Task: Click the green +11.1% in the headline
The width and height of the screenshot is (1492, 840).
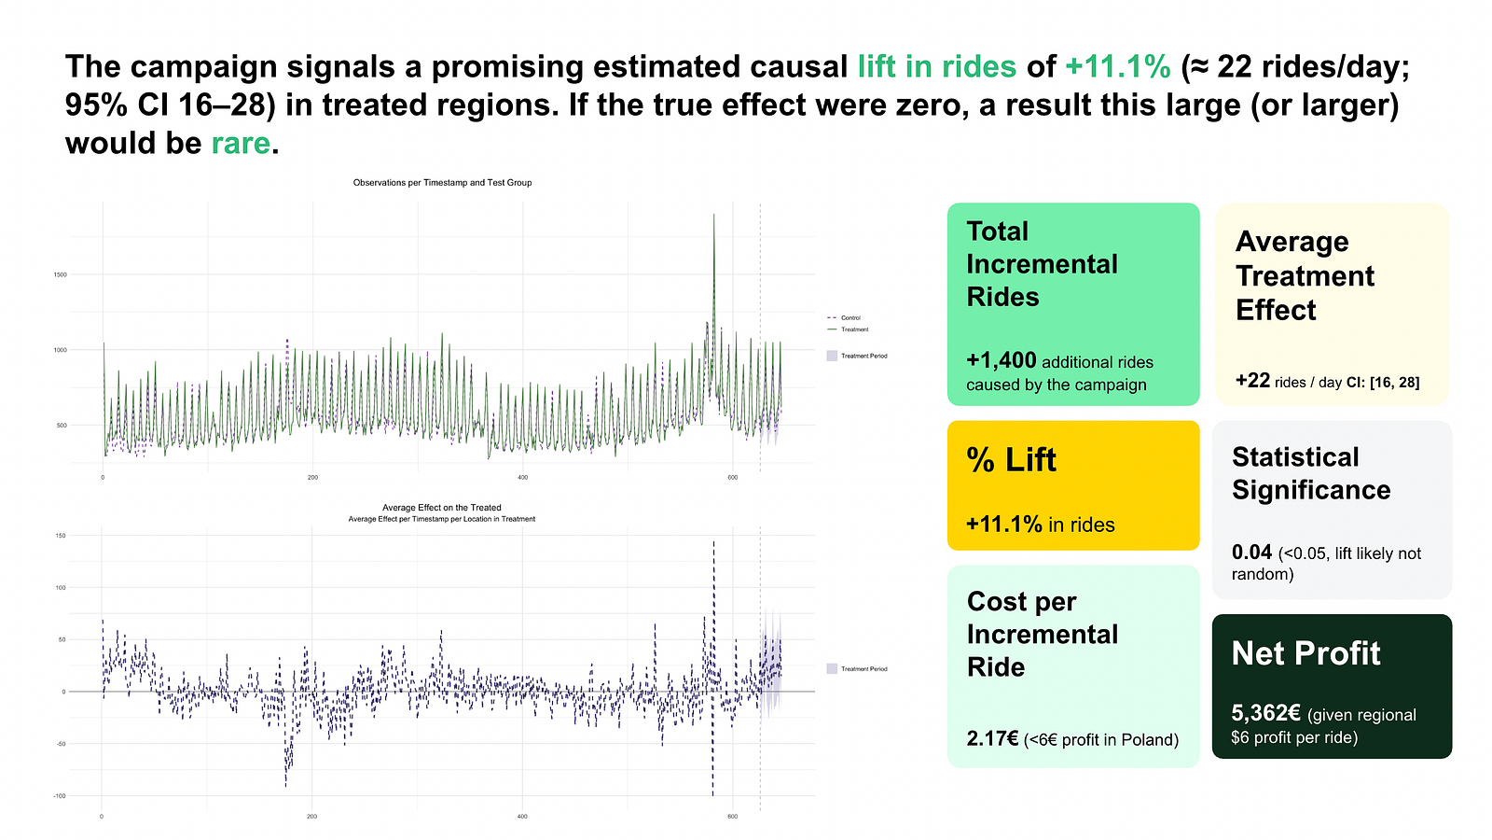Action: [x=1117, y=67]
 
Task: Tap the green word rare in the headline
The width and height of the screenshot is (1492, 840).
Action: [x=241, y=144]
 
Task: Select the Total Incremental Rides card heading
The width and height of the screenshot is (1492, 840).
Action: [x=1042, y=264]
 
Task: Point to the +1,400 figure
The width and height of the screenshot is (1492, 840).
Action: [x=1002, y=361]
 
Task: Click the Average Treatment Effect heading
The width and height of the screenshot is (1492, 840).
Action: [x=1305, y=275]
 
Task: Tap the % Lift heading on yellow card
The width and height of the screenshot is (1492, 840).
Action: [x=1011, y=460]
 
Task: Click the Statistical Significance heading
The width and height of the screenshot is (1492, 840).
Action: [x=1310, y=473]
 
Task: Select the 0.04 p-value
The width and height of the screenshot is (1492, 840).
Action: [x=1251, y=553]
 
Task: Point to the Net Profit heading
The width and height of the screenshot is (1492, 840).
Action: [x=1305, y=653]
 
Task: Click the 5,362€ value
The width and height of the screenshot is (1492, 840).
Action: [x=1265, y=714]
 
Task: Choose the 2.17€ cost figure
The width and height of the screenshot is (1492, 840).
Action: [x=992, y=739]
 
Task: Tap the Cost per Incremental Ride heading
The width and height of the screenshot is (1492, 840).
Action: [x=1042, y=634]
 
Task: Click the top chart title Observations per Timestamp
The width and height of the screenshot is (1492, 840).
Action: [x=442, y=183]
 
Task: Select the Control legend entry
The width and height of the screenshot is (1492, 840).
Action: [x=850, y=318]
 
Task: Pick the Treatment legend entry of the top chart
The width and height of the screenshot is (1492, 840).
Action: [x=854, y=329]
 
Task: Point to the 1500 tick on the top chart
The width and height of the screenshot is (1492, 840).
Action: [x=60, y=275]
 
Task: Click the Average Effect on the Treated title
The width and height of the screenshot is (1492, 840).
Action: [x=441, y=508]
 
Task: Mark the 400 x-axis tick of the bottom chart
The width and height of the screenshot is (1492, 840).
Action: [x=522, y=817]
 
